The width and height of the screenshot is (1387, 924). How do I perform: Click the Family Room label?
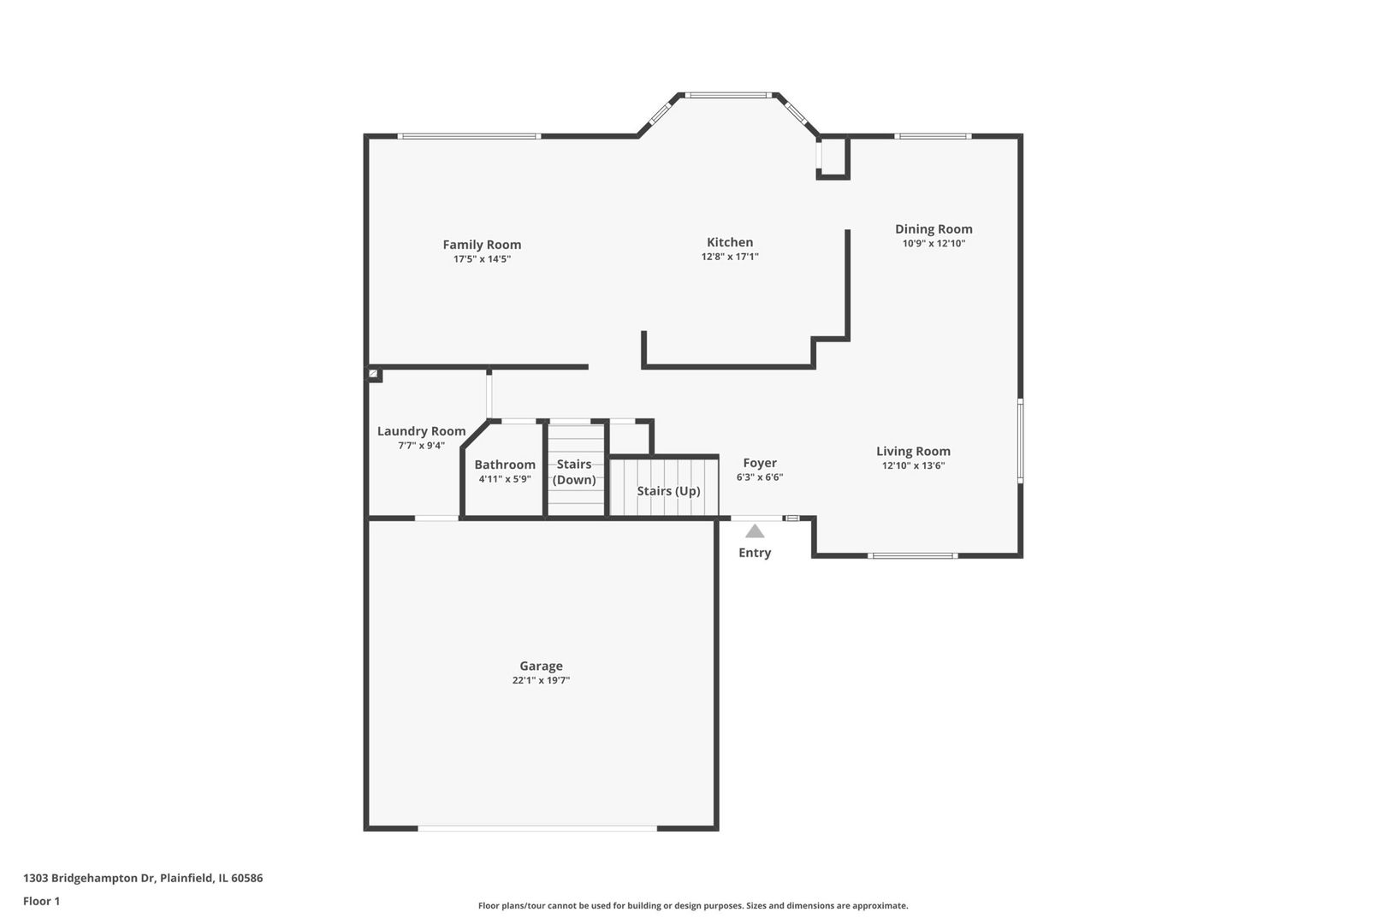pyautogui.click(x=482, y=245)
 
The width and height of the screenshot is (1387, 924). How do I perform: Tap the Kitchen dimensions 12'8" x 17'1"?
pyautogui.click(x=730, y=257)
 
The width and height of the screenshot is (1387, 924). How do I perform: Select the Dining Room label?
pyautogui.click(x=934, y=229)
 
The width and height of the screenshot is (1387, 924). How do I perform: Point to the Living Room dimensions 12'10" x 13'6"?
pyautogui.click(x=913, y=466)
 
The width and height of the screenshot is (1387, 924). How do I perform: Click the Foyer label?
pyautogui.click(x=760, y=463)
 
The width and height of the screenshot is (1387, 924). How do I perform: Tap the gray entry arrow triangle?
pyautogui.click(x=755, y=531)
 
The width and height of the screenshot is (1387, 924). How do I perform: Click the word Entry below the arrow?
pyautogui.click(x=755, y=553)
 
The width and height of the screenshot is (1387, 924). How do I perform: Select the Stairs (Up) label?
pyautogui.click(x=668, y=491)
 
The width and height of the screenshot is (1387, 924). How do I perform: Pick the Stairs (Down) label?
pyautogui.click(x=574, y=471)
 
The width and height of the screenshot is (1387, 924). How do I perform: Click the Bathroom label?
pyautogui.click(x=505, y=465)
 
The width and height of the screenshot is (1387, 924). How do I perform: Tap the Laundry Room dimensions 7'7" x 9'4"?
pyautogui.click(x=421, y=446)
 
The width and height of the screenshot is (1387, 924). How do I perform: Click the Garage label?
pyautogui.click(x=541, y=666)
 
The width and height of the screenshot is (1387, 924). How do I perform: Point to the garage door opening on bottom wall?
pyautogui.click(x=537, y=828)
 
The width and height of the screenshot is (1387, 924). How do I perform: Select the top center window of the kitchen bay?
pyautogui.click(x=728, y=95)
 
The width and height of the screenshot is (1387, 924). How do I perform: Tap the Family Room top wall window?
pyautogui.click(x=470, y=136)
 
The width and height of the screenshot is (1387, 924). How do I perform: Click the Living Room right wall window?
pyautogui.click(x=1020, y=440)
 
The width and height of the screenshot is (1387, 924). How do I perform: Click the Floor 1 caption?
pyautogui.click(x=41, y=901)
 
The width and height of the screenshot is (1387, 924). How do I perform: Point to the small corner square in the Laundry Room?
pyautogui.click(x=374, y=374)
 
